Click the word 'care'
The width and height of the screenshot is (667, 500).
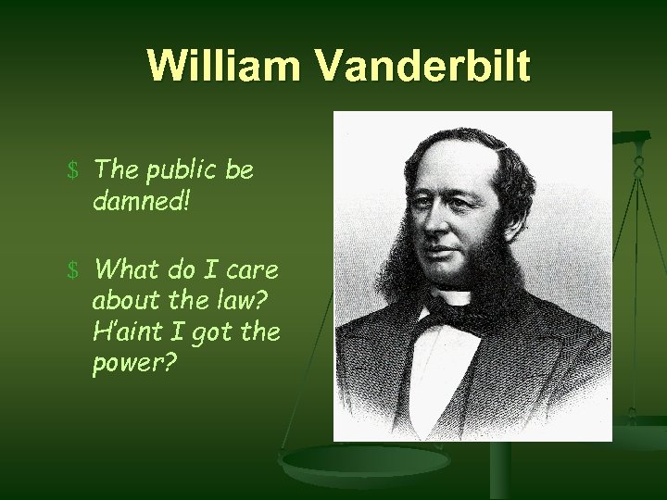click(x=255, y=270)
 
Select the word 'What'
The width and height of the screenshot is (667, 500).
click(x=126, y=270)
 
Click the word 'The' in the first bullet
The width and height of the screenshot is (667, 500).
click(x=115, y=170)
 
